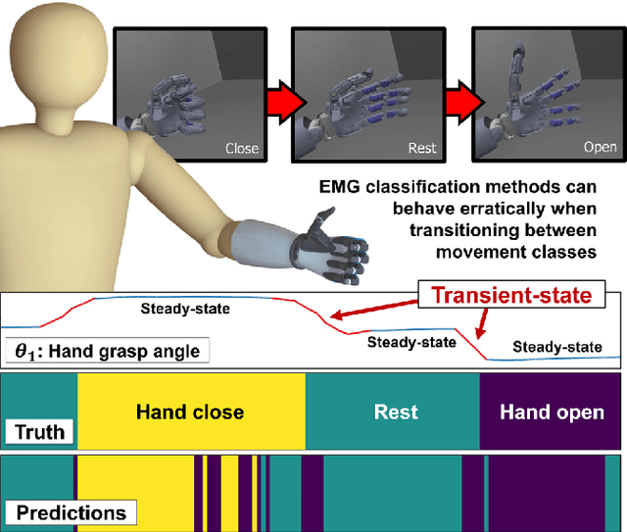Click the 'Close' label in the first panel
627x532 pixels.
242,148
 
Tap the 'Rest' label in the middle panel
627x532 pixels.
422,148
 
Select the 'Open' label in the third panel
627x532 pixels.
600,148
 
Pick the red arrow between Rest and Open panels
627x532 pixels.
456,99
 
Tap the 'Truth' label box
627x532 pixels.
38,431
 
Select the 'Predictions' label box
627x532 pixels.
70,511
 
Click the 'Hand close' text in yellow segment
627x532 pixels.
189,412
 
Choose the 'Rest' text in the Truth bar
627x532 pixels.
396,412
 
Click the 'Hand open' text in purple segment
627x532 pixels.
552,412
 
